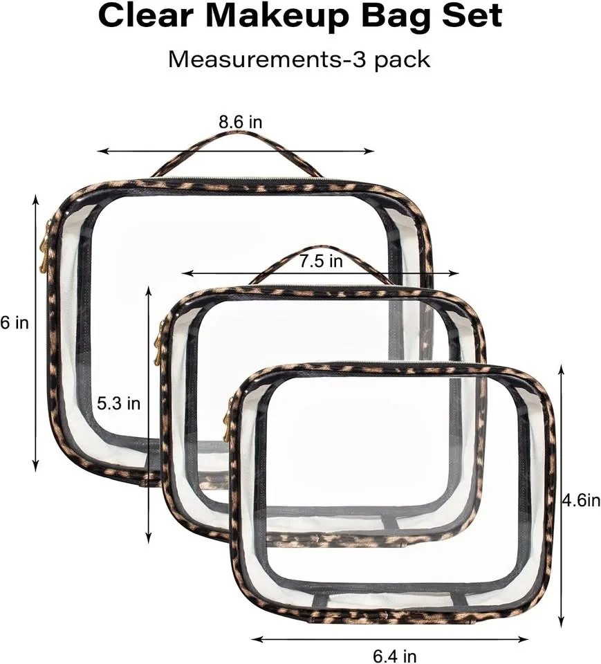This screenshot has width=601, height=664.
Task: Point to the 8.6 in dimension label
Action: point(241,122)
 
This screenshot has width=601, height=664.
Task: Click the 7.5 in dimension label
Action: point(321,261)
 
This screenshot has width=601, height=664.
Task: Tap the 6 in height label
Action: point(15,323)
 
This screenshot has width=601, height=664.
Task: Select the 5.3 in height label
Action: point(118,403)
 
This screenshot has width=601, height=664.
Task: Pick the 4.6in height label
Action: point(581,501)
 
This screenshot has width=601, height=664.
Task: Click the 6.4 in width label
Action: point(395,656)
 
